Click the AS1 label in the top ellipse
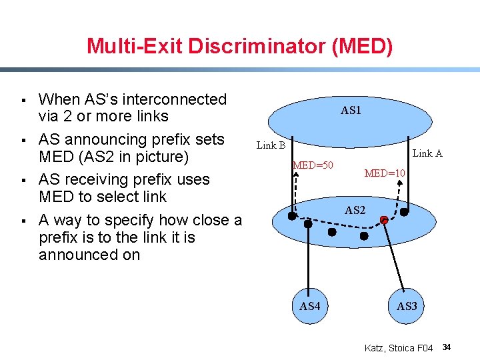pyautogui.click(x=351, y=111)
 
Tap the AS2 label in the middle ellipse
pyautogui.click(x=355, y=210)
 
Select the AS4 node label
pyautogui.click(x=310, y=306)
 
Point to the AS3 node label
pyautogui.click(x=407, y=306)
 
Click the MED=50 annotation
pyautogui.click(x=313, y=165)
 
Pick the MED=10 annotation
pyautogui.click(x=385, y=173)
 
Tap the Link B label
pyautogui.click(x=271, y=145)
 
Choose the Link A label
pyautogui.click(x=428, y=153)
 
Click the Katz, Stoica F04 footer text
pyautogui.click(x=399, y=348)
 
